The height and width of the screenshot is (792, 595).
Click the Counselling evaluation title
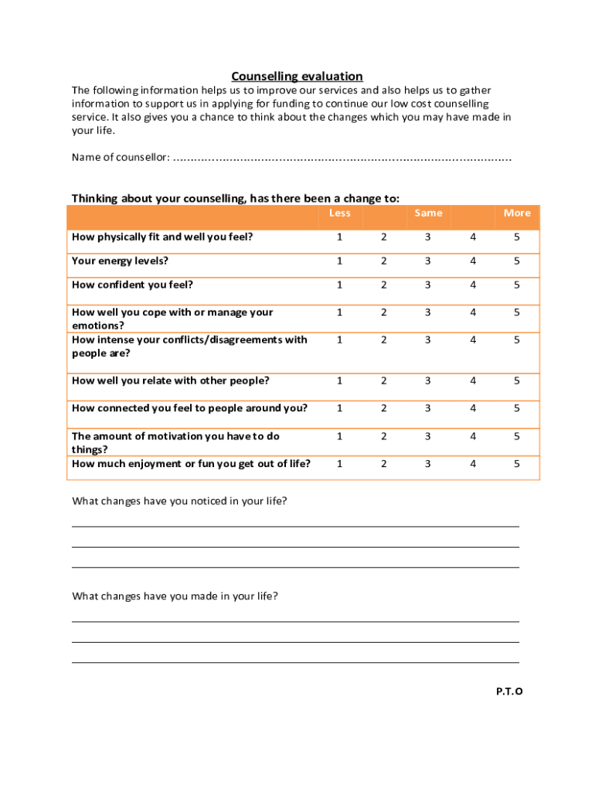297,76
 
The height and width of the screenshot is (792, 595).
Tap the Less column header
339,213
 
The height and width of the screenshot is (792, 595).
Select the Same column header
428,213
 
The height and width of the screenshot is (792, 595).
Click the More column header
517,213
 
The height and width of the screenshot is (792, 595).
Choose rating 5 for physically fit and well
517,237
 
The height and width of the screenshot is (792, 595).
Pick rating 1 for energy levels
339,261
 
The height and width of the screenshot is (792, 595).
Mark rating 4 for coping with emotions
473,312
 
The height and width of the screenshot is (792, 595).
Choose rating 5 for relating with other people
517,381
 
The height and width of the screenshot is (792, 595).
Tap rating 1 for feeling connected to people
339,408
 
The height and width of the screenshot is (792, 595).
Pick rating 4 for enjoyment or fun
473,463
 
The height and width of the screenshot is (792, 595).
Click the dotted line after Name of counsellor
342,159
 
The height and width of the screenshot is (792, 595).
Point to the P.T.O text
509,691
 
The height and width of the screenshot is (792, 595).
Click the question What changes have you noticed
179,501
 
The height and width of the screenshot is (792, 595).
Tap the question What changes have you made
175,596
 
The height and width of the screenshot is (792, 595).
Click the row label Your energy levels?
120,261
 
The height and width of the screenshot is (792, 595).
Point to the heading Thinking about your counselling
236,198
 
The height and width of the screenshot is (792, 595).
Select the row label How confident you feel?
132,285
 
